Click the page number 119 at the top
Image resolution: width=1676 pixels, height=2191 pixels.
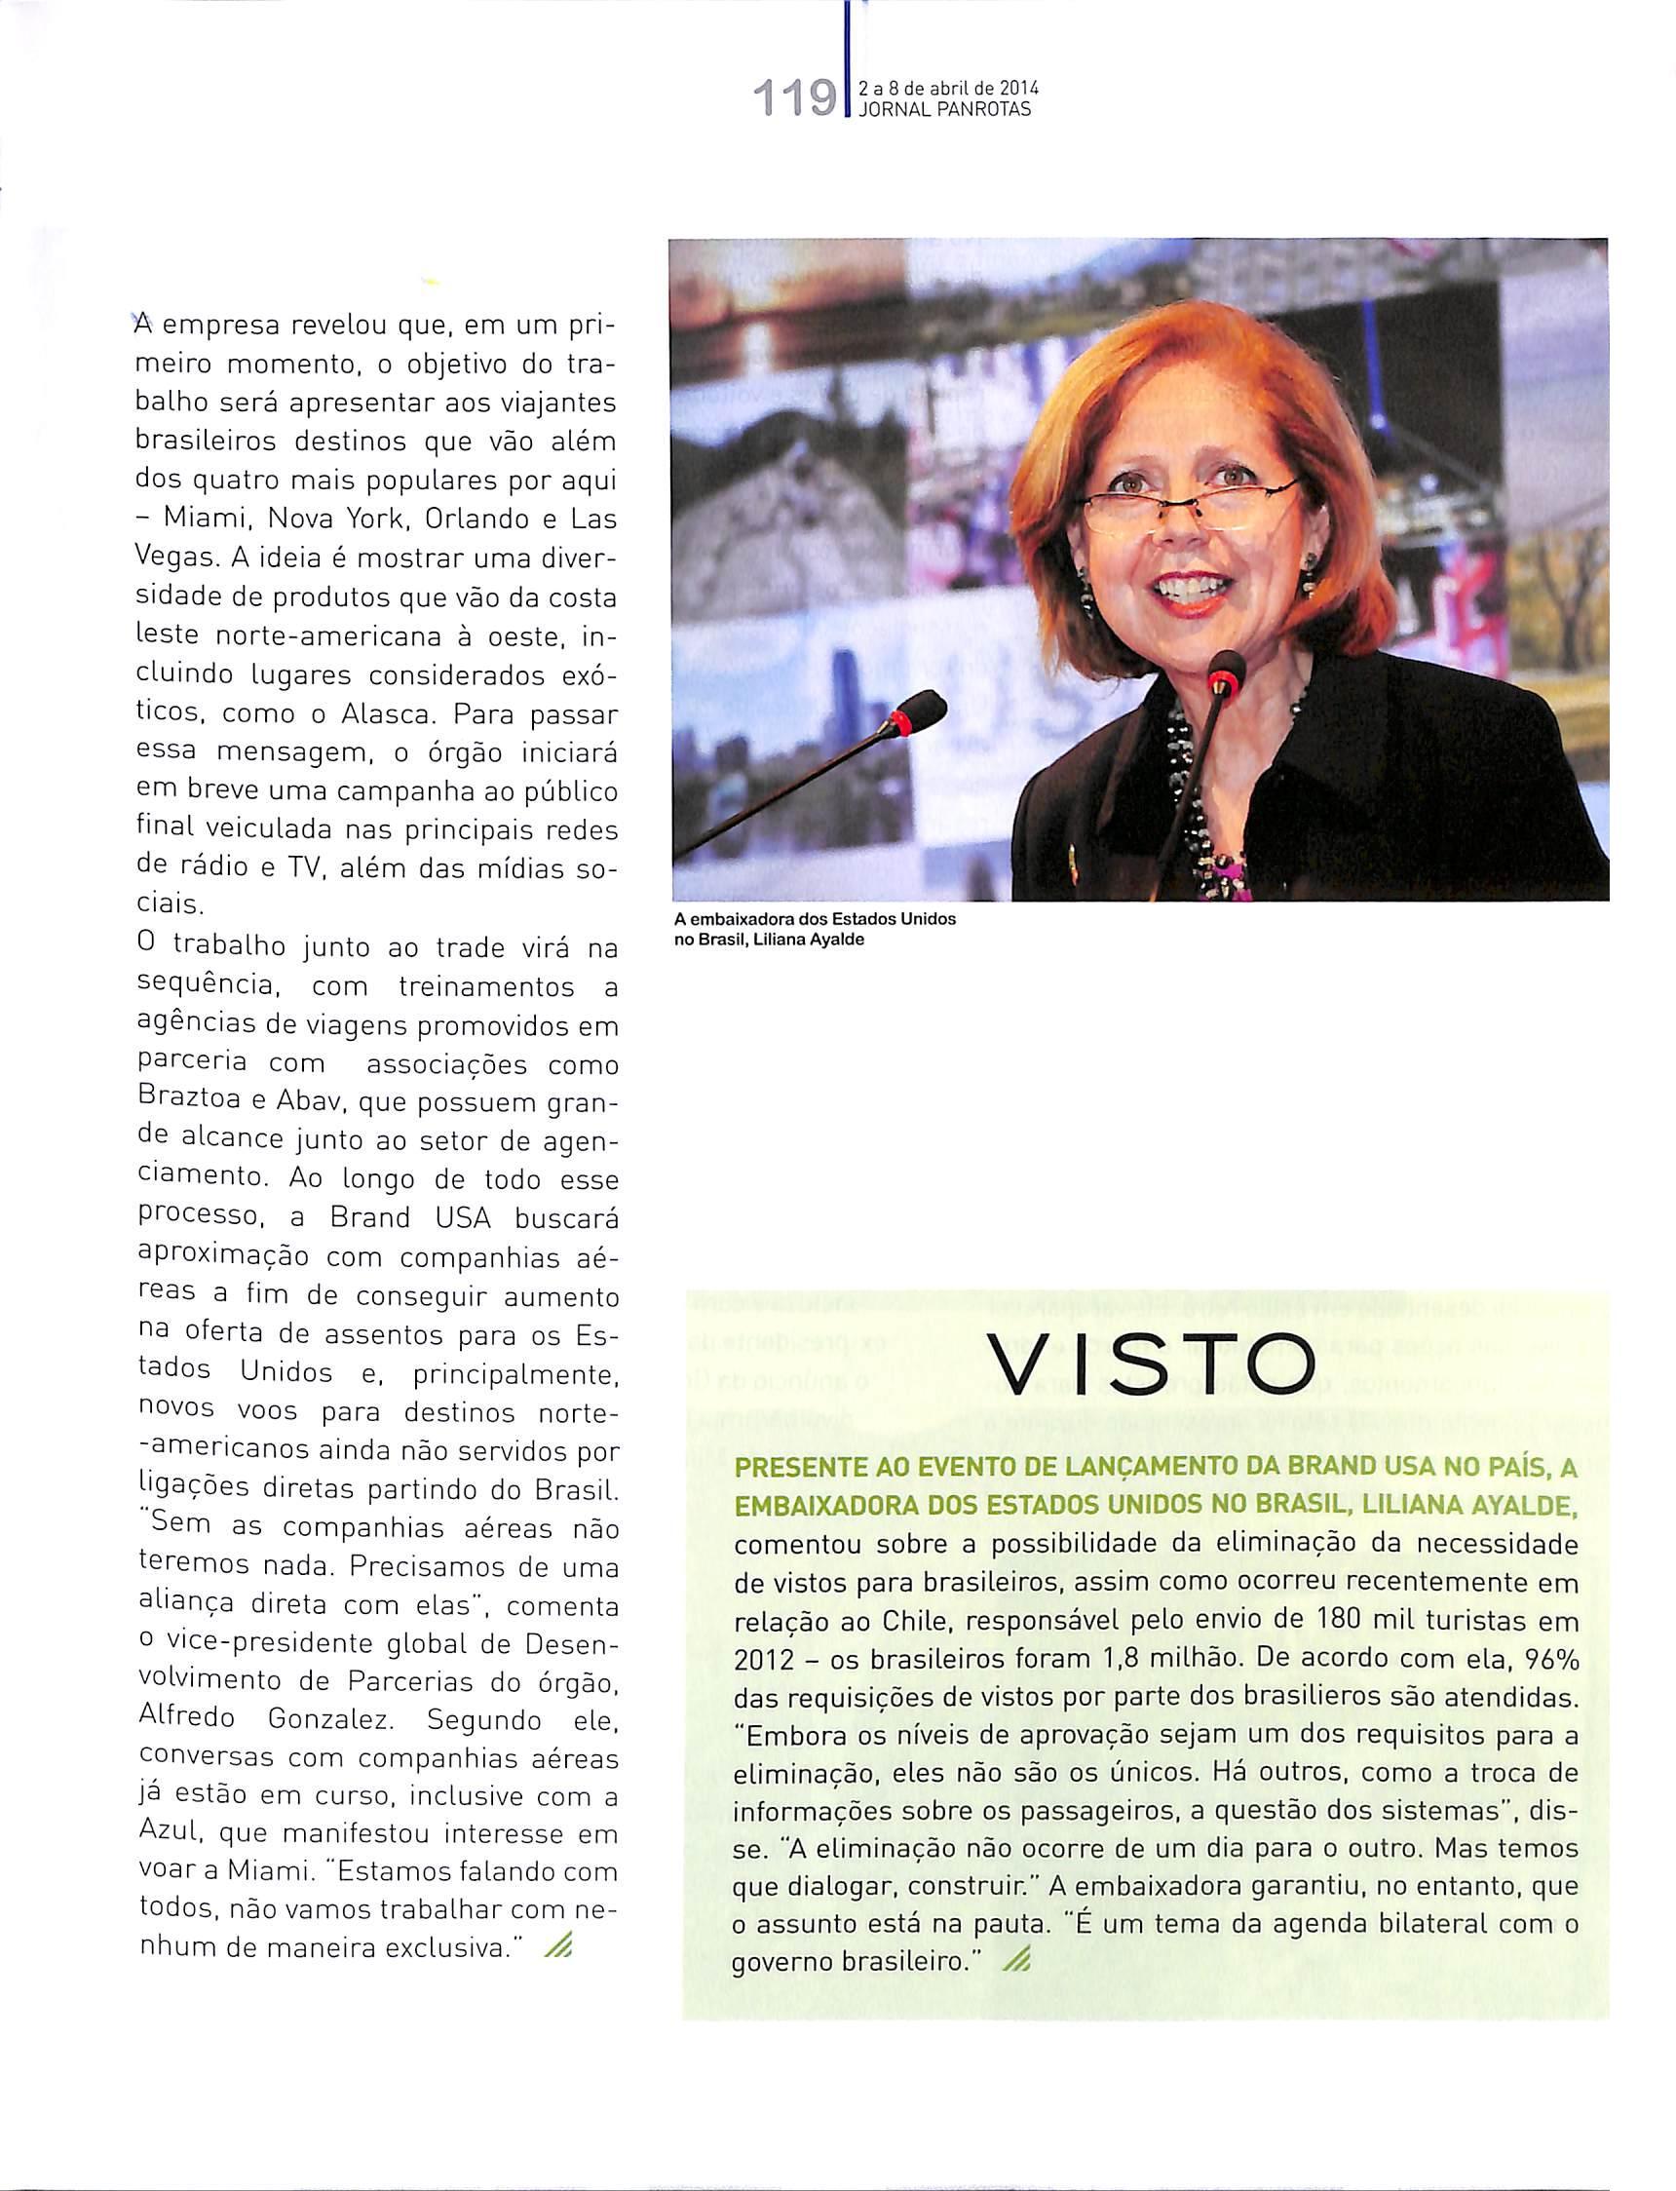click(x=796, y=100)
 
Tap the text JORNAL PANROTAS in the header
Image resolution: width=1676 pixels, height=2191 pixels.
click(x=944, y=111)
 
